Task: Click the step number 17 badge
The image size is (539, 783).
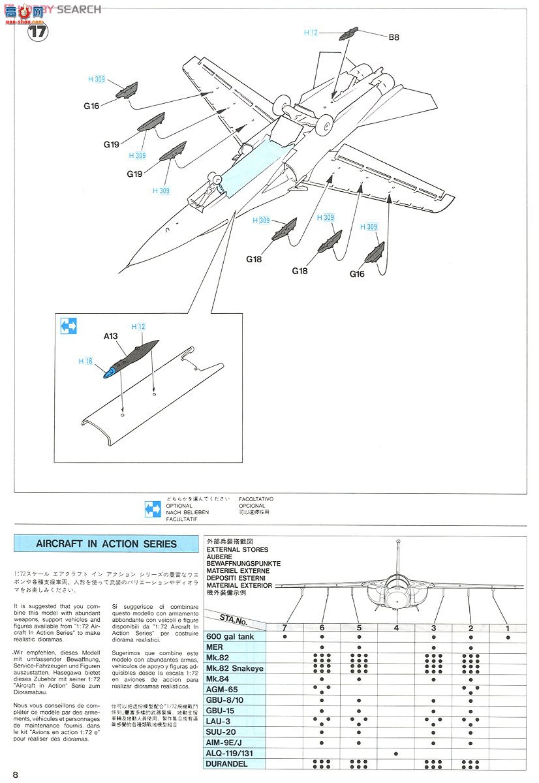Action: pos(38,31)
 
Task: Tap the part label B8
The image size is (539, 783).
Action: pos(393,37)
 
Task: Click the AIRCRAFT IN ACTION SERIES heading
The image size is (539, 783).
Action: pos(106,544)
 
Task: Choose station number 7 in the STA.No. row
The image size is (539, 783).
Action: pos(285,628)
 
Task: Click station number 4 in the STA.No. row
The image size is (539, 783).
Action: pos(396,628)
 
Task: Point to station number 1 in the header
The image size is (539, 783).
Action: pos(508,628)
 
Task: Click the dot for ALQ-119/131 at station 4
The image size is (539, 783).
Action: pos(396,753)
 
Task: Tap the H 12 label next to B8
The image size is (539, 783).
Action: pos(311,33)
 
